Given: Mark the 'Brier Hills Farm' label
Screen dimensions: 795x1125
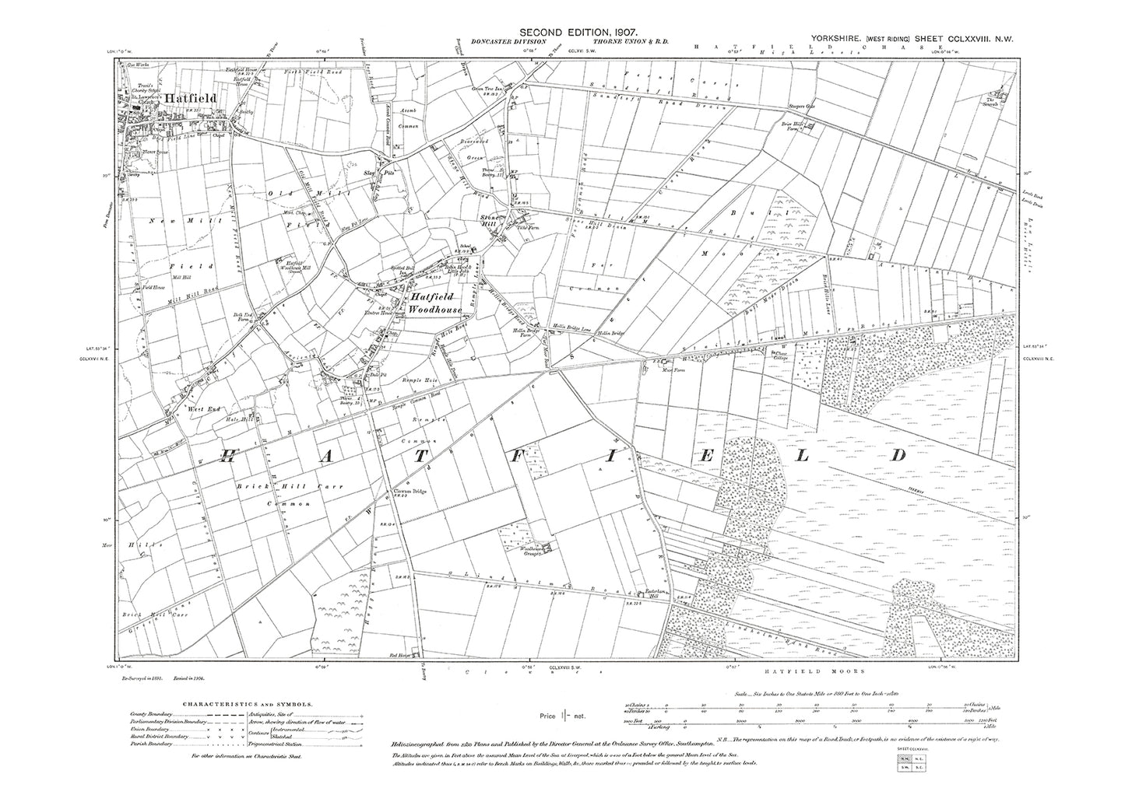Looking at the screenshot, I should click(792, 128).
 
